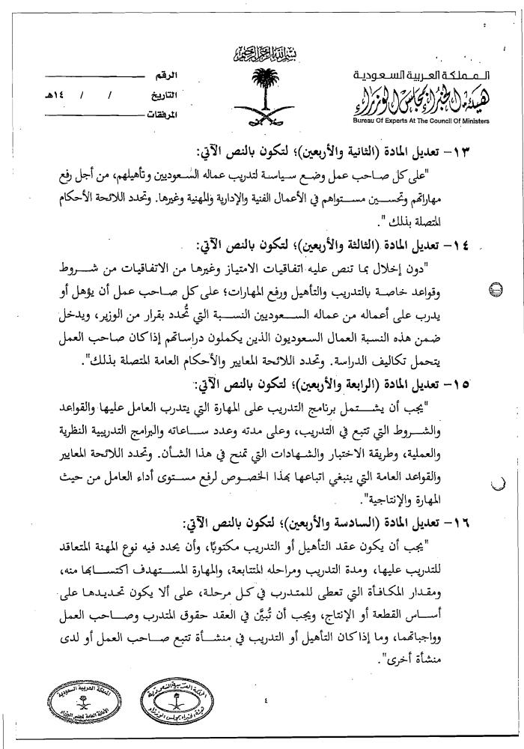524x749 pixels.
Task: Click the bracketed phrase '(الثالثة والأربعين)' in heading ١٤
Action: [x=359, y=246]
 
